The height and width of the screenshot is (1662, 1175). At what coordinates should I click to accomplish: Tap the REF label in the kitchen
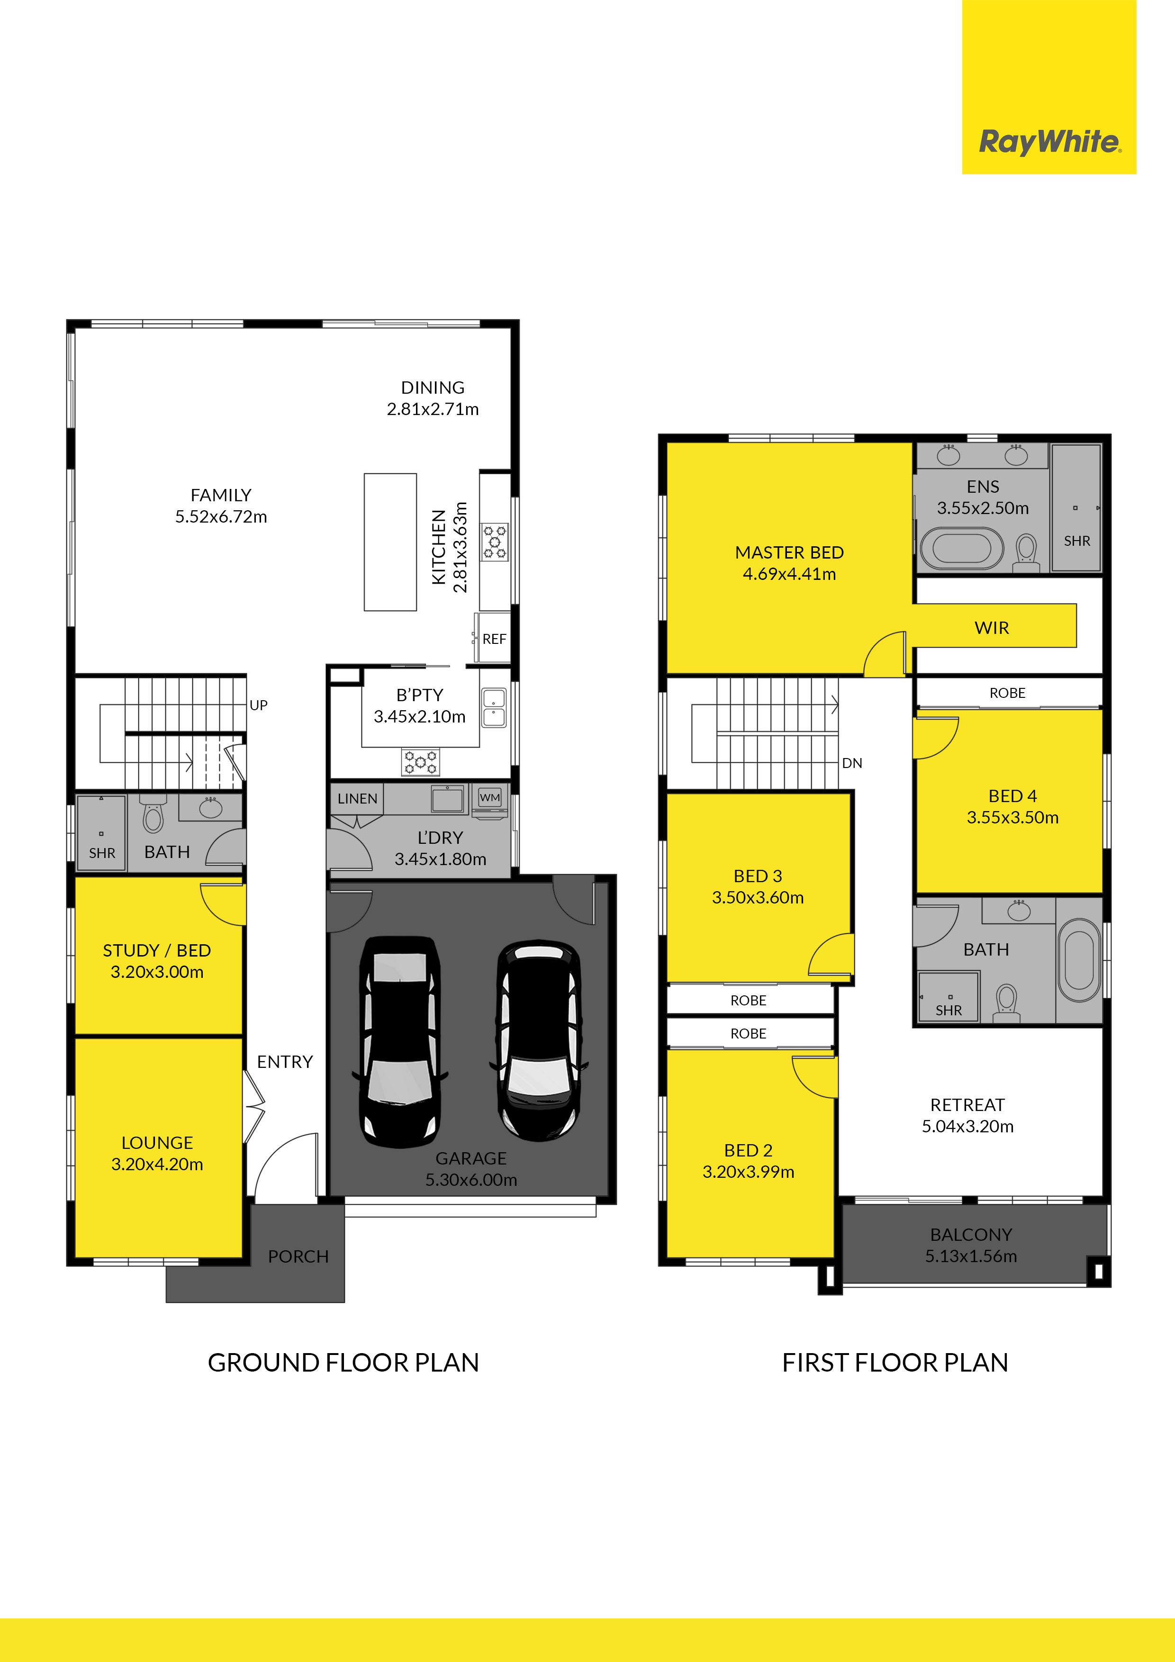tap(495, 639)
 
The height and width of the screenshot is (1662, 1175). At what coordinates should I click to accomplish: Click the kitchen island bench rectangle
tap(390, 542)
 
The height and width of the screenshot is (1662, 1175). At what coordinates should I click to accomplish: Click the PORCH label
tap(298, 1256)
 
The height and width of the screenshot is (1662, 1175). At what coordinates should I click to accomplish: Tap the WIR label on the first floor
tap(992, 628)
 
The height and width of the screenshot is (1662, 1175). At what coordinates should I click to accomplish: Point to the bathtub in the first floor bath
tap(1079, 960)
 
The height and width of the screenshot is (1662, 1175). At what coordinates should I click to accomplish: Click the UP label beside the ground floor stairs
tap(259, 705)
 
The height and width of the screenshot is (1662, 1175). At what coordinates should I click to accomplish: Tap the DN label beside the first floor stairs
tap(852, 763)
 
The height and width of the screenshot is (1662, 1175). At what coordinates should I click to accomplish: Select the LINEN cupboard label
tap(357, 798)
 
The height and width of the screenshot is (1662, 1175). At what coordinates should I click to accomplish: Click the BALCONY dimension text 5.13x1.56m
tap(971, 1256)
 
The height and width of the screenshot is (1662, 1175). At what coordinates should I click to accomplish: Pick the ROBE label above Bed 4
tap(1007, 693)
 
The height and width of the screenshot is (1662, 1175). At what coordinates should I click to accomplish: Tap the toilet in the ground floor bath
tap(153, 815)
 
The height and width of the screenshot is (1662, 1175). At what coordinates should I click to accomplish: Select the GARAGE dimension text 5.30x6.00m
tap(471, 1180)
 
